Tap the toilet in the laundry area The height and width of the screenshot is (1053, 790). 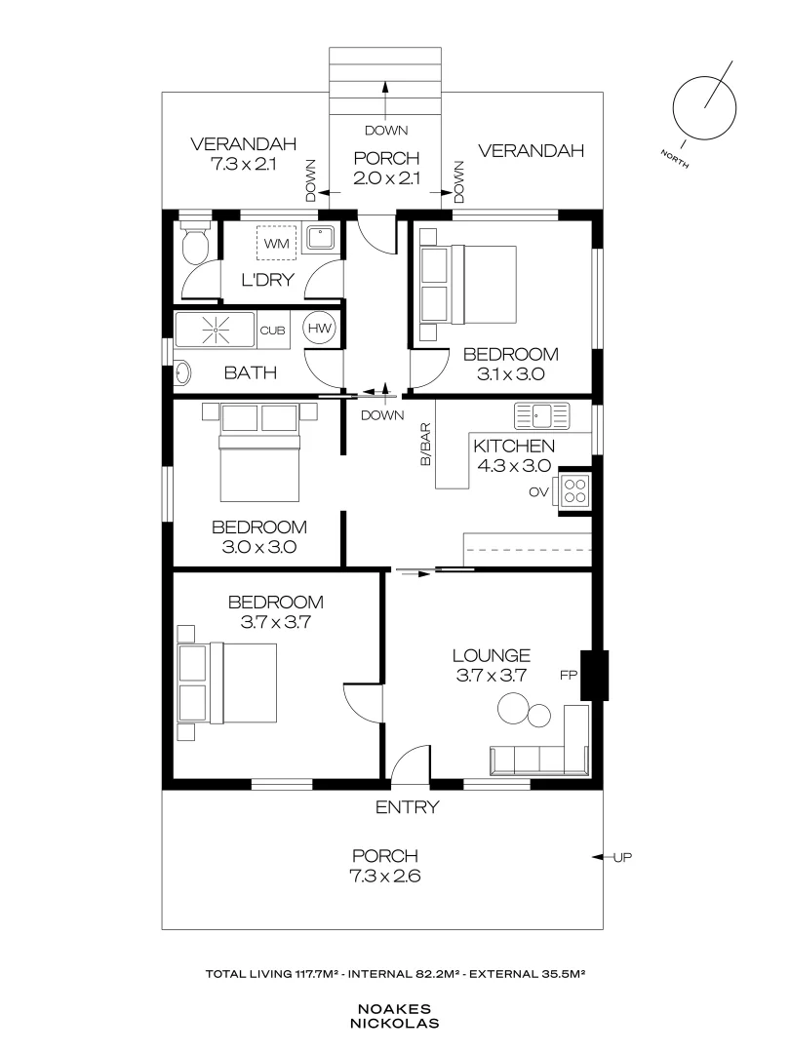(195, 244)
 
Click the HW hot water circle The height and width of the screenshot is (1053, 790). (320, 329)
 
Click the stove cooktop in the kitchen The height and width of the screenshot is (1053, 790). (574, 490)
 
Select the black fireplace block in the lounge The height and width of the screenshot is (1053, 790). (593, 675)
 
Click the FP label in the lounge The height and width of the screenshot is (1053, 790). (568, 675)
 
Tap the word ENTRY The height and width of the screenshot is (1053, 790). (407, 807)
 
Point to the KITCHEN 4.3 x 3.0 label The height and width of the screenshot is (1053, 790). (513, 455)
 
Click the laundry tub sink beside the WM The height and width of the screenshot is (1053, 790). (320, 239)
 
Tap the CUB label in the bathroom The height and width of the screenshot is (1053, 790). (270, 330)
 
